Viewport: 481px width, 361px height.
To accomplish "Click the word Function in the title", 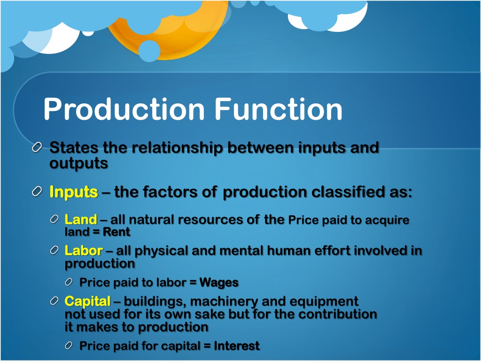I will [279, 110].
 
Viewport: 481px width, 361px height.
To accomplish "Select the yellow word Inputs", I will [74, 192].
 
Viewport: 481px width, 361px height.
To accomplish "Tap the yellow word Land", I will [81, 220].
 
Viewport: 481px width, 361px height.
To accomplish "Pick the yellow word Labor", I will [83, 251].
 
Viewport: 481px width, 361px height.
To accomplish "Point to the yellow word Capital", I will [88, 301].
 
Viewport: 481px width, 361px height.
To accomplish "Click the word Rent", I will [116, 232].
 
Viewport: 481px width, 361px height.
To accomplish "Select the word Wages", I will [219, 283].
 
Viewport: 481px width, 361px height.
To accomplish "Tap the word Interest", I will [237, 346].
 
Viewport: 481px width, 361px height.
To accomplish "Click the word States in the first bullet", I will [74, 148].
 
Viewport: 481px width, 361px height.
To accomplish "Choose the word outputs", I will [79, 164].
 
